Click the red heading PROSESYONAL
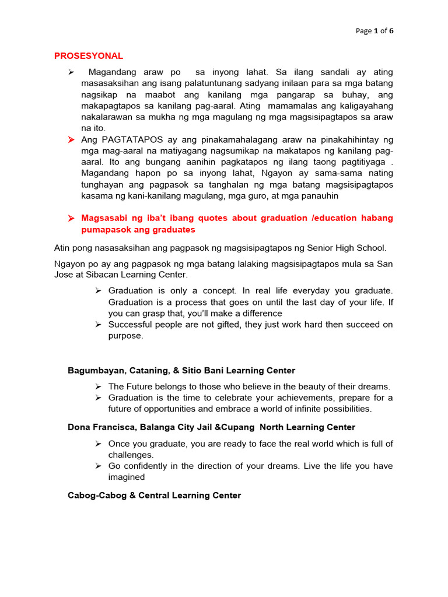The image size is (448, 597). click(x=89, y=56)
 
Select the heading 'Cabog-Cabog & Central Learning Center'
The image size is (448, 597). click(x=154, y=496)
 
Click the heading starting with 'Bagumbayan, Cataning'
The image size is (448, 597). click(x=181, y=371)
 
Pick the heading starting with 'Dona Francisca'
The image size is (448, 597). click(x=211, y=427)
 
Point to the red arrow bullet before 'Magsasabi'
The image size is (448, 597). click(x=71, y=218)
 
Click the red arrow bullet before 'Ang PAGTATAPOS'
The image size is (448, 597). click(x=71, y=140)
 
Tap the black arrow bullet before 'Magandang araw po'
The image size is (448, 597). click(x=71, y=72)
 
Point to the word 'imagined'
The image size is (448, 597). click(x=127, y=477)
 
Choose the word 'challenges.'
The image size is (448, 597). click(x=131, y=455)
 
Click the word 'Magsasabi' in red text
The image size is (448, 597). click(x=104, y=218)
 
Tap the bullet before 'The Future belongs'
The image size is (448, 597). click(x=99, y=387)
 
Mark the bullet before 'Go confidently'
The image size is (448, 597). click(x=99, y=466)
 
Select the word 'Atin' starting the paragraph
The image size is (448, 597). click(x=62, y=249)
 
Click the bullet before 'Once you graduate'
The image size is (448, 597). click(x=99, y=444)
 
